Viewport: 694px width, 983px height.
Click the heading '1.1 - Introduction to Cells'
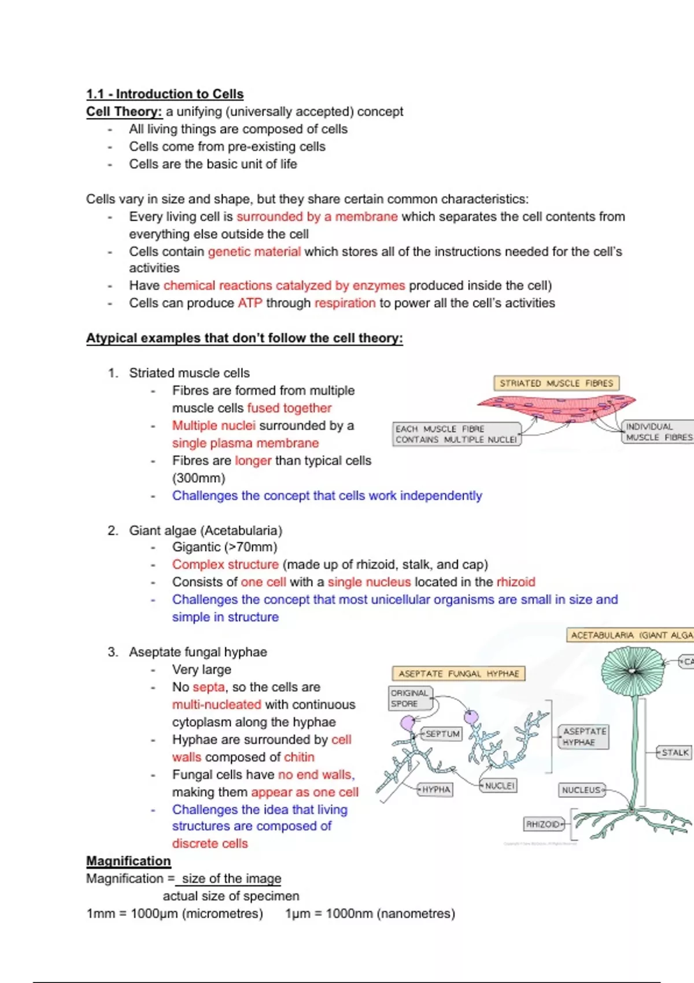(165, 94)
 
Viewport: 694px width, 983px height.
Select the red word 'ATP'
(250, 303)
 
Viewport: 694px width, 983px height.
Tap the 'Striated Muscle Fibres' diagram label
(556, 383)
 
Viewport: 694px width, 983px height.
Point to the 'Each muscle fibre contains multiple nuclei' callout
(456, 434)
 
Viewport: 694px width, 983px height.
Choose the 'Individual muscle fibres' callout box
(658, 432)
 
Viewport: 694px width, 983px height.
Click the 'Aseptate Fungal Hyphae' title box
(459, 674)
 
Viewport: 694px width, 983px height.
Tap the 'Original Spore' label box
(409, 699)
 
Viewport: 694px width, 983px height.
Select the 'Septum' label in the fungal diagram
(442, 734)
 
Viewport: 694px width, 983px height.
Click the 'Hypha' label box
(436, 790)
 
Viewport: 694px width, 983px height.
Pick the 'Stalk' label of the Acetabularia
(675, 752)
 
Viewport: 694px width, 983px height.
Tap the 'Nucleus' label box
(581, 790)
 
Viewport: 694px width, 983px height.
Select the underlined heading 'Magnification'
(128, 861)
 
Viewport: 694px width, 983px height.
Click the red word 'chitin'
(299, 757)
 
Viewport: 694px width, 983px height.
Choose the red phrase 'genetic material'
(254, 252)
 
